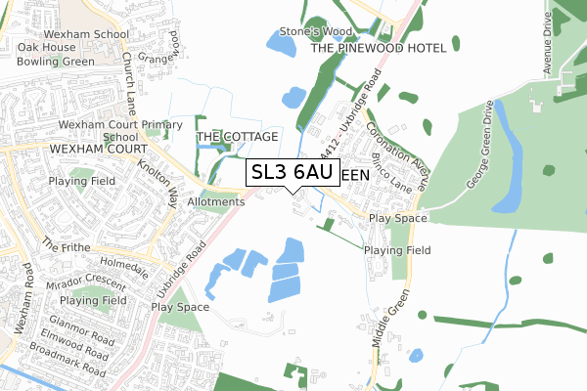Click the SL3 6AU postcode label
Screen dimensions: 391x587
(x=293, y=172)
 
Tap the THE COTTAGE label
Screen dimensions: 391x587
(x=238, y=137)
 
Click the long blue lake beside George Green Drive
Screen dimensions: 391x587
(x=506, y=156)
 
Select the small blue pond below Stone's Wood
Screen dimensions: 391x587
(x=293, y=97)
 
